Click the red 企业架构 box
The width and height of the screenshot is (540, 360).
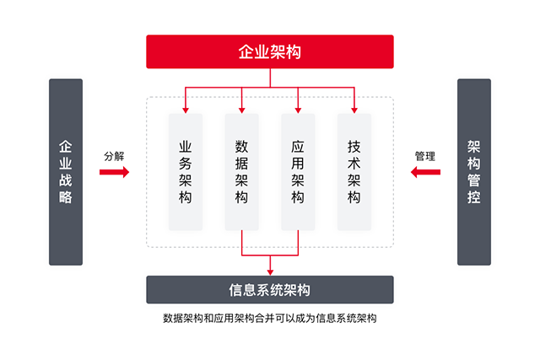[270, 51]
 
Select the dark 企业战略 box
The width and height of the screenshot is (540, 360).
[66, 172]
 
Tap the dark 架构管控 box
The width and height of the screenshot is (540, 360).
[474, 172]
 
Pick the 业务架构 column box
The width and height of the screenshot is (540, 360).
[186, 172]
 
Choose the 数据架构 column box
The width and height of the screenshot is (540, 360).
[242, 172]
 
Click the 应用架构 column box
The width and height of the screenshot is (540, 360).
[298, 172]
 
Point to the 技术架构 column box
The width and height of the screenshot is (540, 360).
[354, 172]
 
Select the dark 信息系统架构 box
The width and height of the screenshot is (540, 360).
[270, 289]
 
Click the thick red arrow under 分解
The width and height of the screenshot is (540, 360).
[115, 172]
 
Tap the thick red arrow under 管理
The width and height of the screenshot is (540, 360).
[425, 172]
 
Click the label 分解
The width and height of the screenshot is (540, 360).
[114, 156]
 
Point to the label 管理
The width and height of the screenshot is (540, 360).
[425, 156]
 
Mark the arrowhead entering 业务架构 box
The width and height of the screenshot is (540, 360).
[186, 110]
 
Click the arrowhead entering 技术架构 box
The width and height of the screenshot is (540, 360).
[354, 110]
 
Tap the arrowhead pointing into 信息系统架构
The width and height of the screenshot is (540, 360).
[270, 272]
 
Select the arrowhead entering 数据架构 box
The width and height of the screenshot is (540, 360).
[242, 110]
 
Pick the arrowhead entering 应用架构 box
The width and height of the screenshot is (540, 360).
[298, 110]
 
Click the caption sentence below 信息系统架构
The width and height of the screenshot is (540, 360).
[270, 318]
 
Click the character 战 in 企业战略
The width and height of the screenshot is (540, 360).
[66, 180]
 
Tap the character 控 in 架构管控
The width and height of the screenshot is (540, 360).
[474, 197]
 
